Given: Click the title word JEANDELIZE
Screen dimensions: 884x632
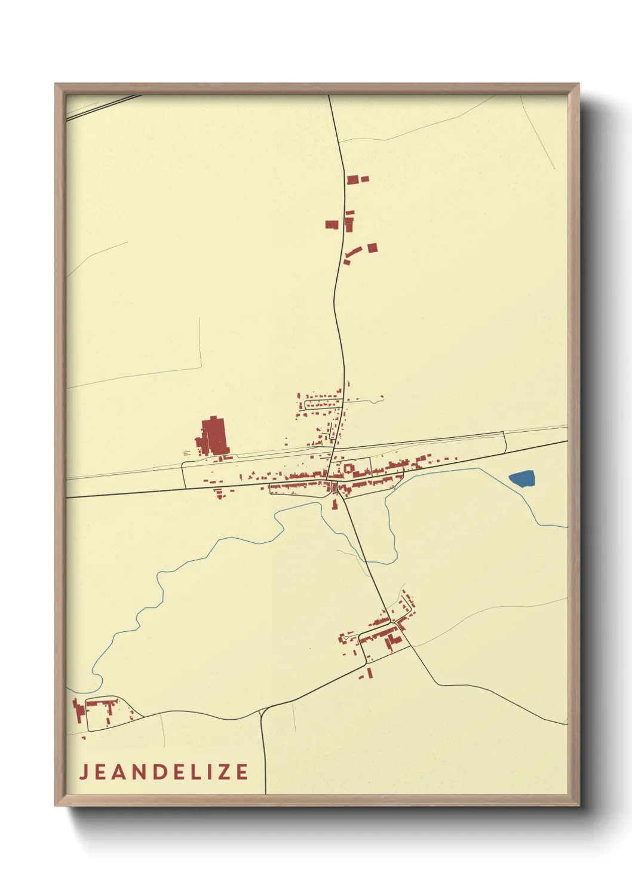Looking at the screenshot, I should pyautogui.click(x=164, y=772).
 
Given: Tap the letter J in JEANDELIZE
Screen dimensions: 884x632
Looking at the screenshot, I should pyautogui.click(x=84, y=772).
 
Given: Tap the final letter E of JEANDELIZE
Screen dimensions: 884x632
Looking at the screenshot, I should pyautogui.click(x=242, y=772).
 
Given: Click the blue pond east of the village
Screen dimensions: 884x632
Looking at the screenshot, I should pyautogui.click(x=522, y=478).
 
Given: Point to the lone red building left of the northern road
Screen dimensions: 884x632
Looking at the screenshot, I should pyautogui.click(x=332, y=225).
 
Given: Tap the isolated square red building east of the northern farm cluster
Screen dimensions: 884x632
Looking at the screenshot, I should pyautogui.click(x=372, y=247).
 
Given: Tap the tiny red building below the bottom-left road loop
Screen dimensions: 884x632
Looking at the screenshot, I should pyautogui.click(x=83, y=738).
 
